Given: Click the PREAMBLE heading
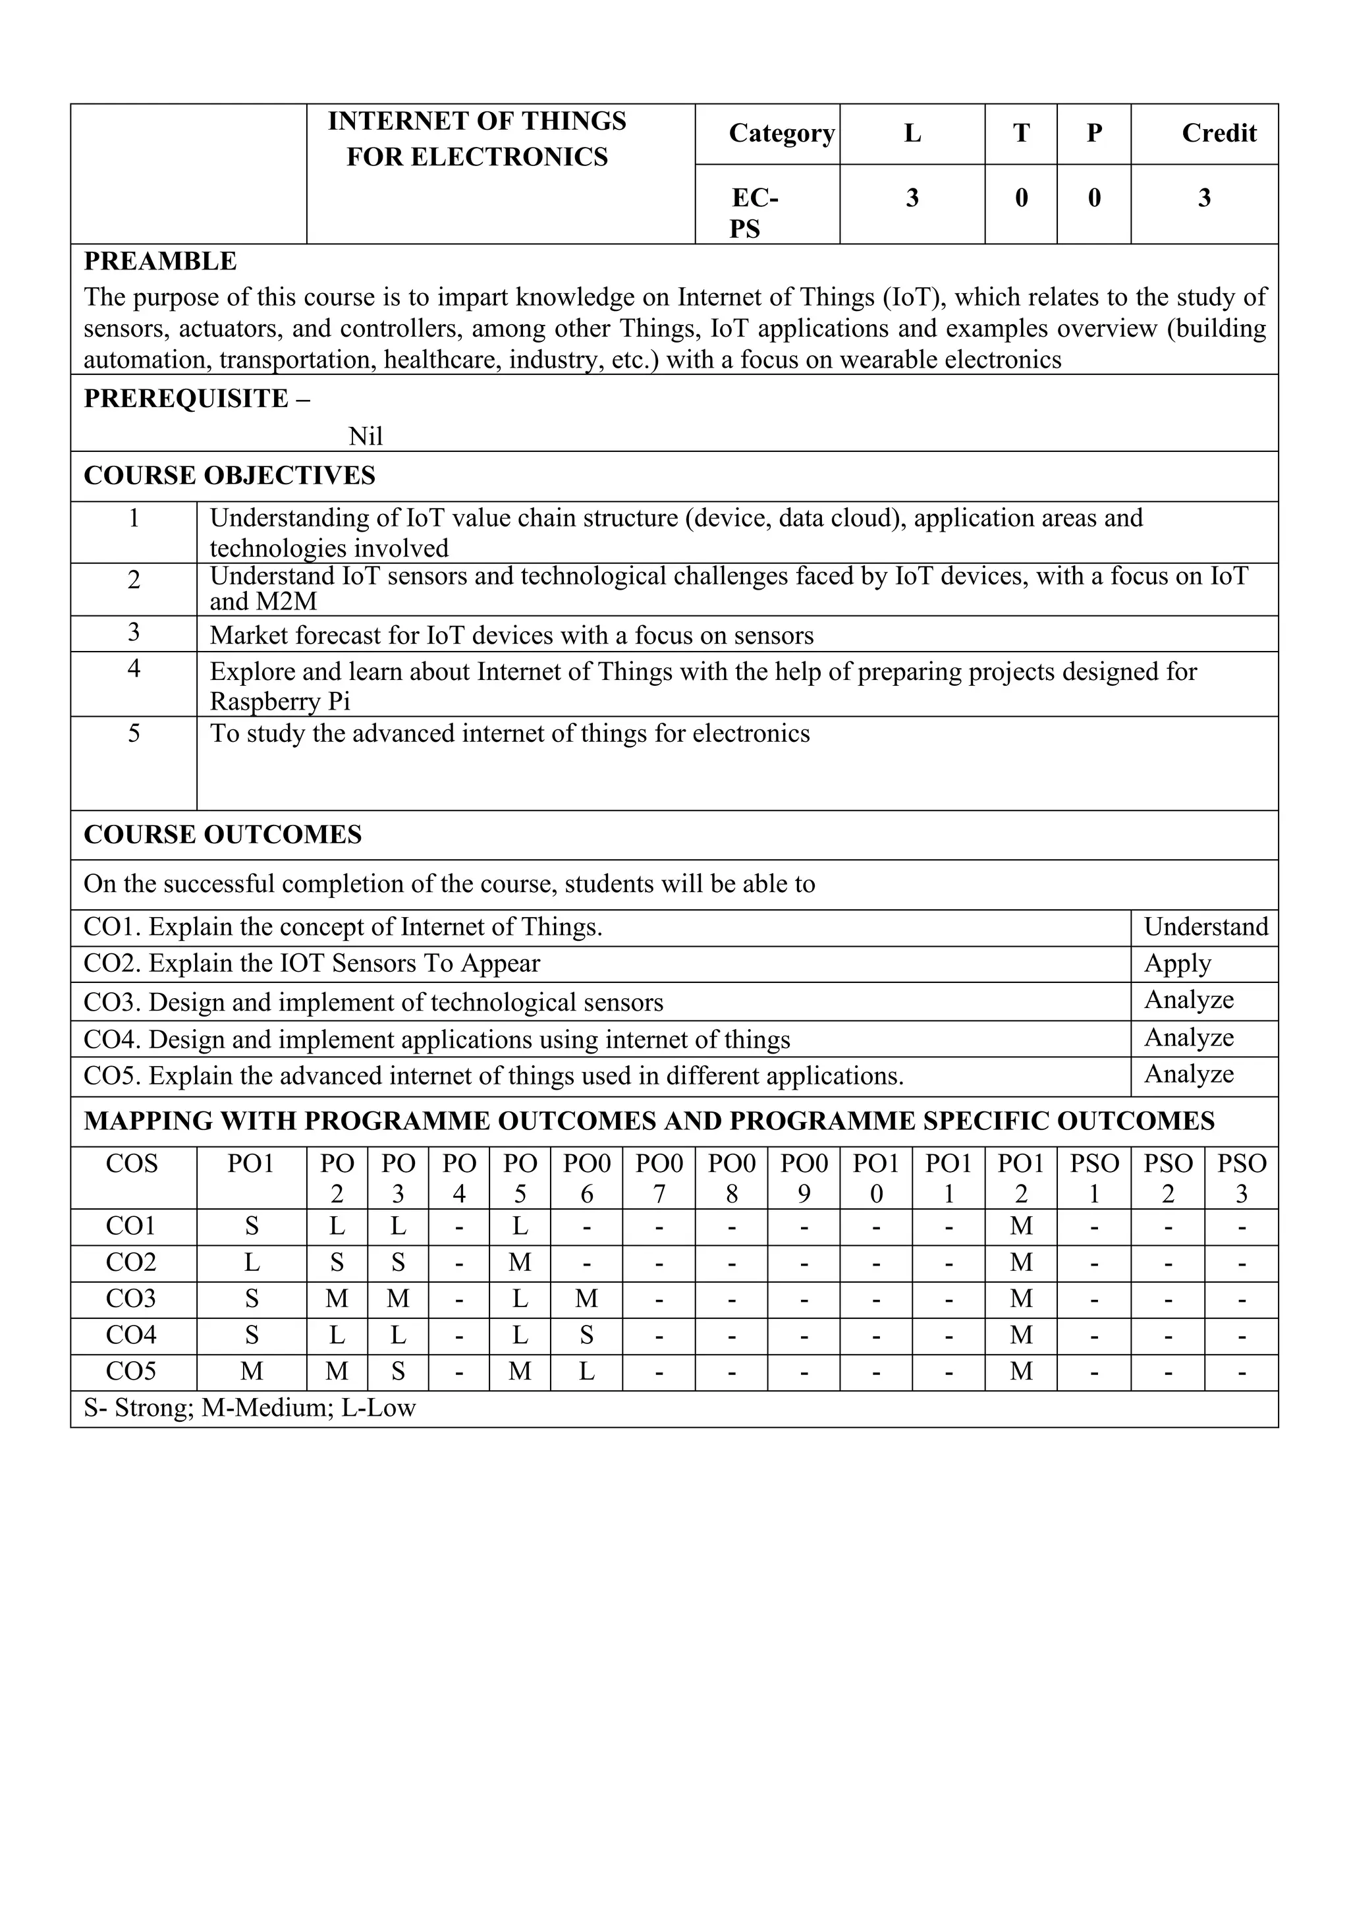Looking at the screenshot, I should pos(160,262).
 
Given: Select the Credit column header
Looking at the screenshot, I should pos(1218,134).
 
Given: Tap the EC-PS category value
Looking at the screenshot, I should pos(754,213).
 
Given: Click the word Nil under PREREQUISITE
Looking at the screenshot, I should pos(366,436).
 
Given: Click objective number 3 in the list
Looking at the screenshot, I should pos(134,633).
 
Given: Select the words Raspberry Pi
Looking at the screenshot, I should pos(280,702).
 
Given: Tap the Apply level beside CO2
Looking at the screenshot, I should pos(1177,964).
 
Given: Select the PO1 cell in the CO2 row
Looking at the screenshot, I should pos(252,1263).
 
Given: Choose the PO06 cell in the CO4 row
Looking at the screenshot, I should pos(586,1335).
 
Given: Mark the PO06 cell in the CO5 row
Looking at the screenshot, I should pos(586,1372).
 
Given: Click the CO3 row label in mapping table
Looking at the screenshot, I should pos(131,1299).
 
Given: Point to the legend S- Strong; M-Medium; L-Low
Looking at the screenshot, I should pos(249,1409).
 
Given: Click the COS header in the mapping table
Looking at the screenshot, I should pos(131,1164).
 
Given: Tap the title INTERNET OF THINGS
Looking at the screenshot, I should pos(477,121).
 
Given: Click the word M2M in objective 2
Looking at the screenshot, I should pos(287,602).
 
